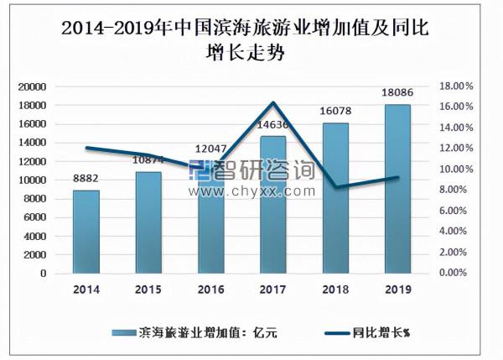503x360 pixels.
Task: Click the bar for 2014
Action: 86,232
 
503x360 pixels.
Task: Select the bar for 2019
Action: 397,189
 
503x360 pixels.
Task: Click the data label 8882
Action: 86,179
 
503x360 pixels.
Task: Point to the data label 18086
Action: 397,93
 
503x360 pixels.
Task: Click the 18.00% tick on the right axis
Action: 457,86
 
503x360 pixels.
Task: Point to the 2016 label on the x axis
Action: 210,290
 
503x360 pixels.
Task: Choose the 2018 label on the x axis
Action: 335,290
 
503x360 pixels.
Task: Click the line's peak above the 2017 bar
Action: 272,103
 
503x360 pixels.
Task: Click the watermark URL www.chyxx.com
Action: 251,191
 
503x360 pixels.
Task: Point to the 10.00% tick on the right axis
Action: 457,170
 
